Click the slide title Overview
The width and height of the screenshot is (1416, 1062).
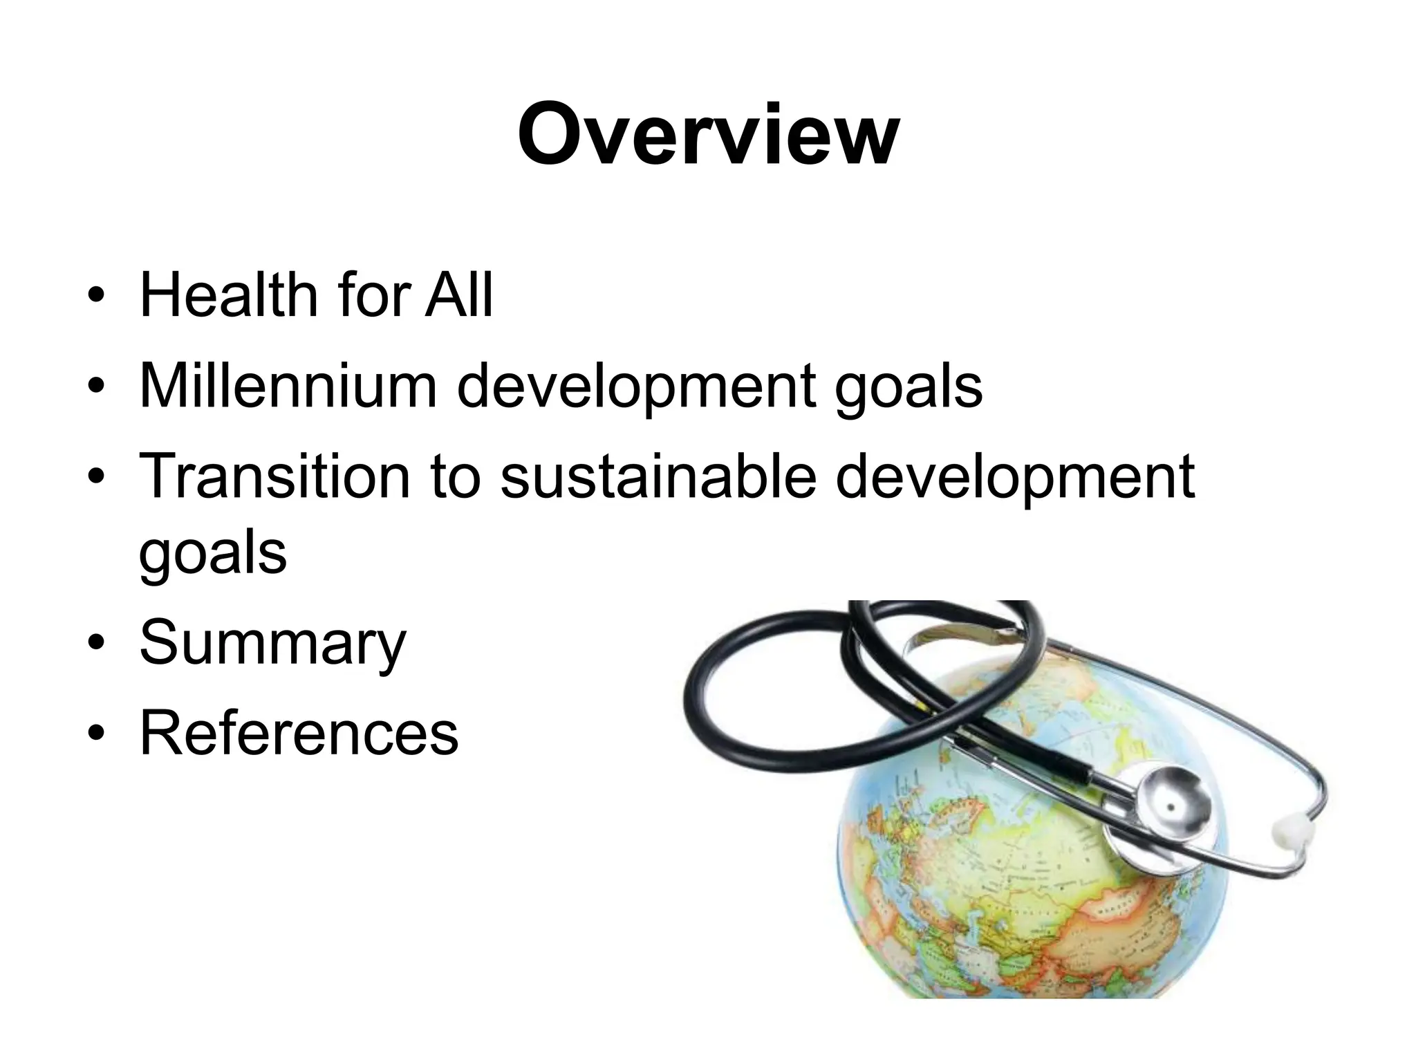(x=708, y=134)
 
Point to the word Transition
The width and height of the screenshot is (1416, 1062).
(x=275, y=476)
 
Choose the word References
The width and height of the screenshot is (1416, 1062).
(x=299, y=732)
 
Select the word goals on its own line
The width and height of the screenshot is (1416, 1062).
(x=213, y=553)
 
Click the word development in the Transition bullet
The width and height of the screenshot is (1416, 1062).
(x=1015, y=477)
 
